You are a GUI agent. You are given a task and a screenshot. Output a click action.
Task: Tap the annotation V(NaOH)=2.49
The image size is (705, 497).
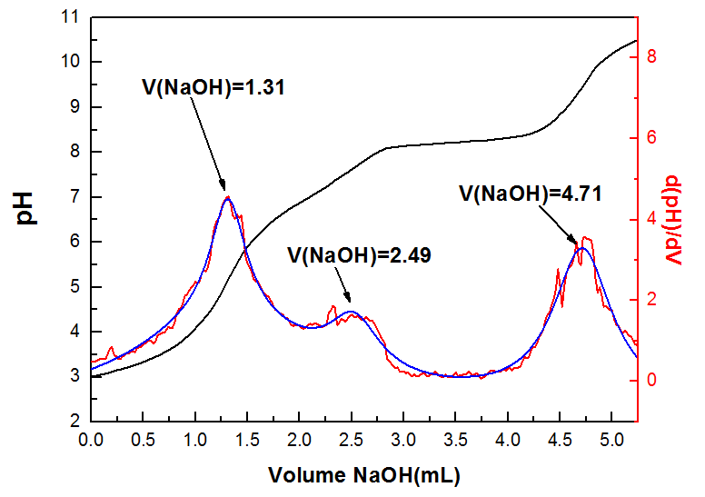pos(359,254)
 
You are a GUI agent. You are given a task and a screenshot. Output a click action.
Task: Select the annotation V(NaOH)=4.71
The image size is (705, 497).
pos(531,193)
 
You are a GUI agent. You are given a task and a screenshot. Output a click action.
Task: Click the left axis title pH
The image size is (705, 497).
pos(27,208)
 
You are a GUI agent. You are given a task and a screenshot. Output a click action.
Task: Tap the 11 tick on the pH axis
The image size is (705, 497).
pos(69,17)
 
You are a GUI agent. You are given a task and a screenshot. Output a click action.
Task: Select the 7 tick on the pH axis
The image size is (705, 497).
pos(74,196)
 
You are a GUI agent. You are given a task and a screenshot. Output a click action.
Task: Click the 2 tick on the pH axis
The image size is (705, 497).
pos(74,421)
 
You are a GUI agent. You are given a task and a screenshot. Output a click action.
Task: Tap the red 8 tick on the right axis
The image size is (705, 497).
pos(651,57)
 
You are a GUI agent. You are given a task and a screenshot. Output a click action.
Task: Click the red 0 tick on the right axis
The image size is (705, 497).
pos(651,380)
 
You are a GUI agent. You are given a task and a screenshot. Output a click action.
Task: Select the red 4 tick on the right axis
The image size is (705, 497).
pos(651,219)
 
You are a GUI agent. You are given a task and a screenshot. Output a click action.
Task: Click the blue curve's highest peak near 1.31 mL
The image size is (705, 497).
pos(227,198)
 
